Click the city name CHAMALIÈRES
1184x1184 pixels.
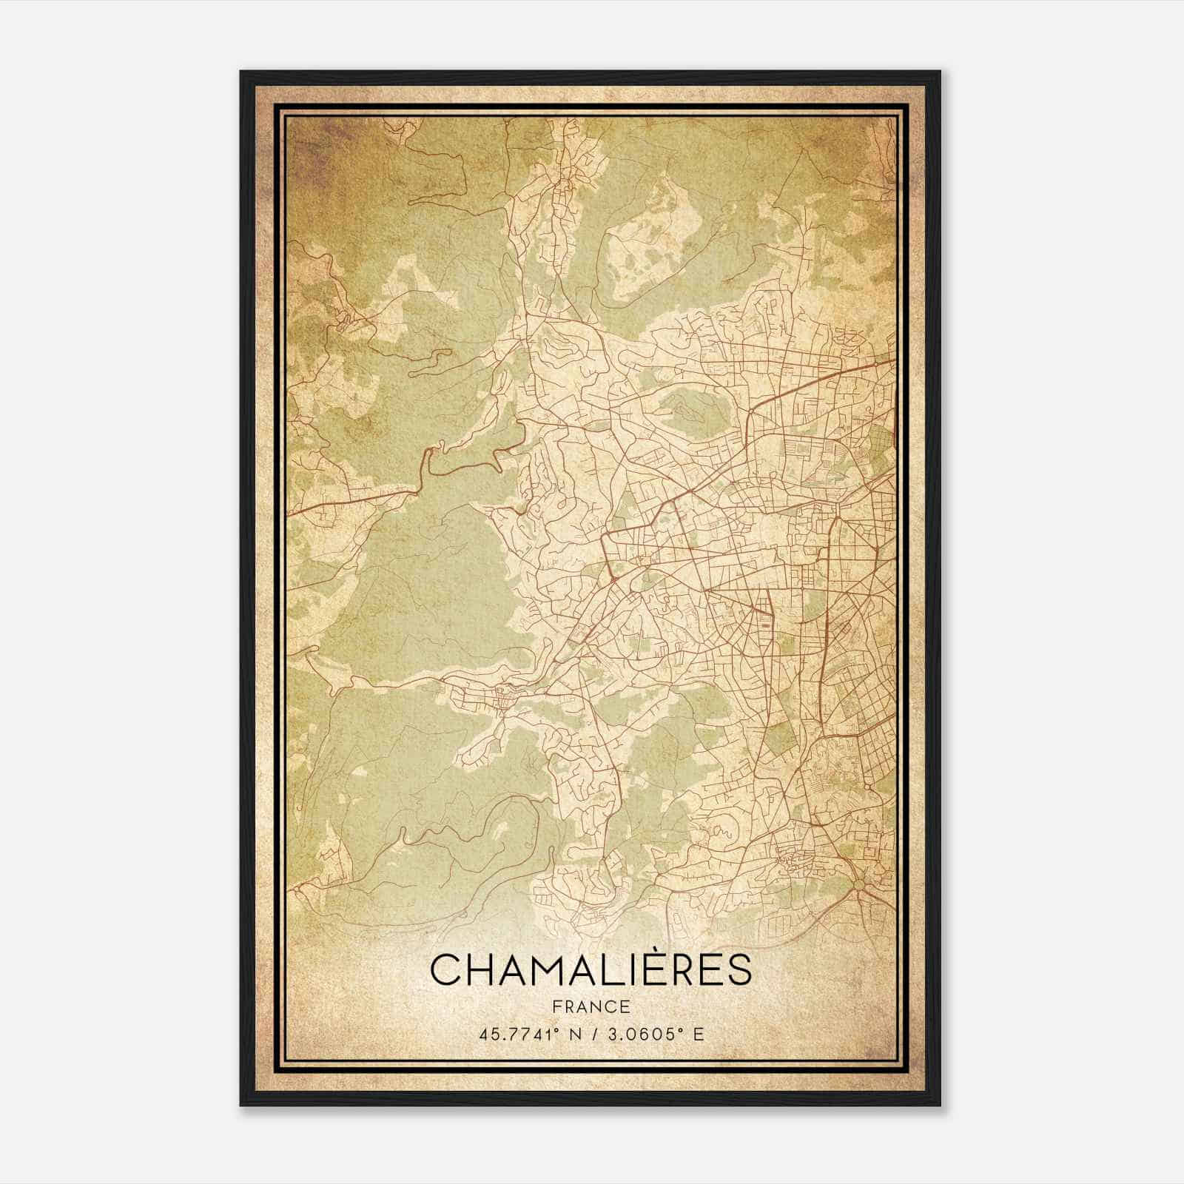point(591,970)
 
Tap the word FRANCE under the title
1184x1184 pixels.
point(591,1007)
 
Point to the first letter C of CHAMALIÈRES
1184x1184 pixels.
point(446,970)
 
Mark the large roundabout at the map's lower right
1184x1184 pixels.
point(858,884)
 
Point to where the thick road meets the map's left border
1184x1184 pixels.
point(288,510)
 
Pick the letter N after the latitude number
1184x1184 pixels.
point(569,1034)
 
